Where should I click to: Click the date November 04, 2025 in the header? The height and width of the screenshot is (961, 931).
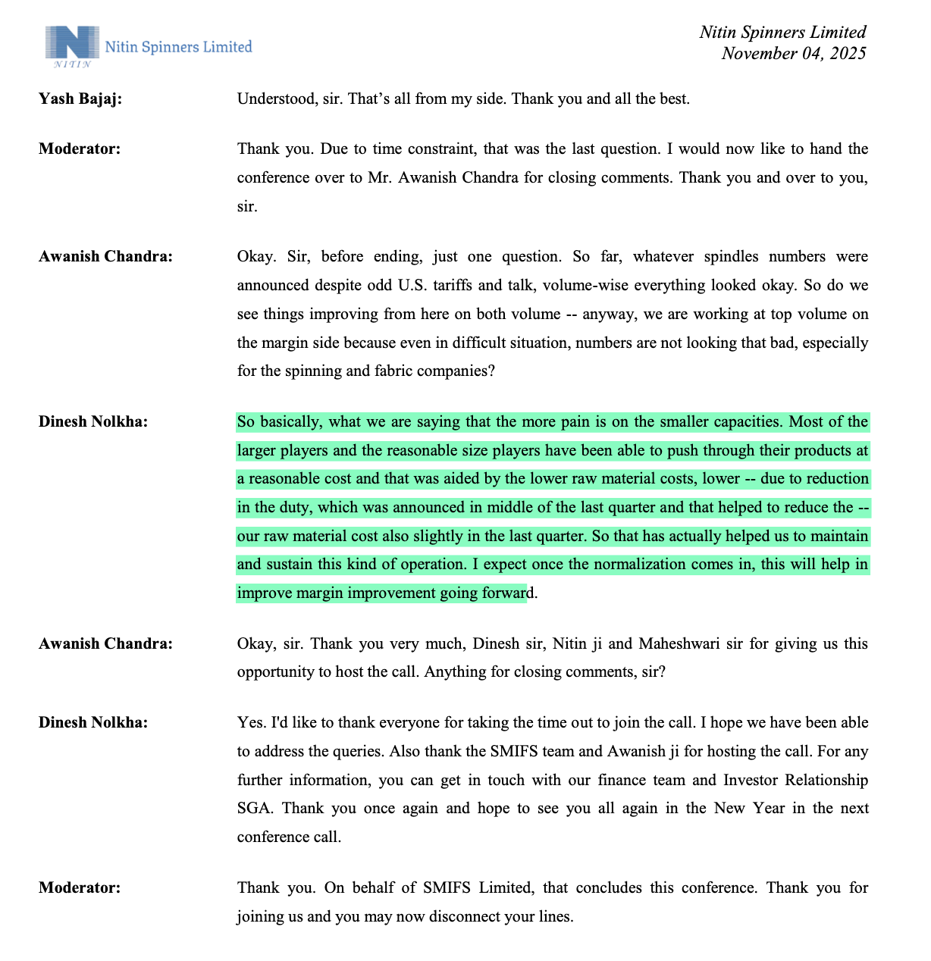(793, 53)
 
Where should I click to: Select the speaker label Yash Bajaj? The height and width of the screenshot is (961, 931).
(80, 99)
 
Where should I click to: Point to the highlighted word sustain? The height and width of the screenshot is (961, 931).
(290, 564)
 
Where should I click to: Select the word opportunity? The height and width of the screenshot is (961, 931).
(276, 671)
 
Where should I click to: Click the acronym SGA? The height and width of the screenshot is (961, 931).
(254, 808)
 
